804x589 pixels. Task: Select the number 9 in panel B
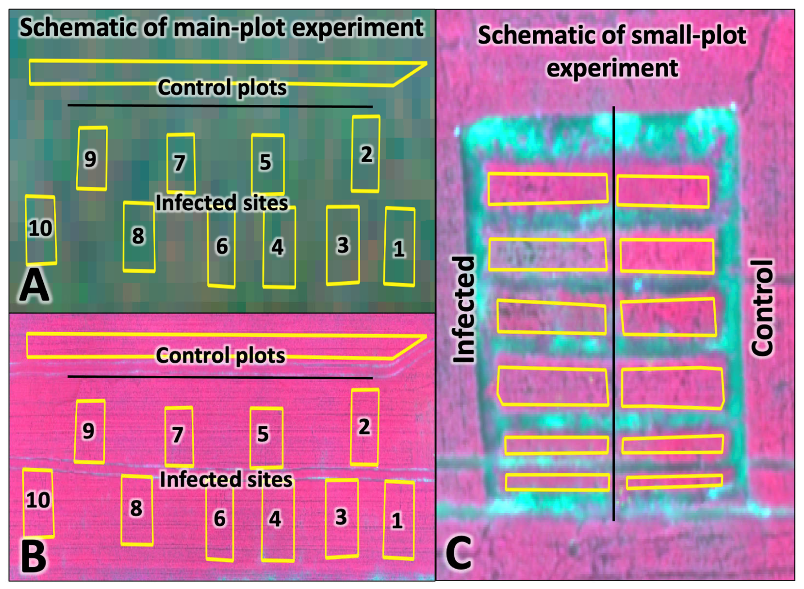[88, 431]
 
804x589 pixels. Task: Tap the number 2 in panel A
[366, 155]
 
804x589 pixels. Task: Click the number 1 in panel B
[397, 521]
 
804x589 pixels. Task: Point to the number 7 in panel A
[179, 163]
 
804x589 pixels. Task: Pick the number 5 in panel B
[263, 434]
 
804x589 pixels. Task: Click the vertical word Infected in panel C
[464, 309]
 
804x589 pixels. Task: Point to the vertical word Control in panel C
[762, 308]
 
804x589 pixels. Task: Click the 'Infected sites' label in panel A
[222, 203]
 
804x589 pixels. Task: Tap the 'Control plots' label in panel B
[220, 355]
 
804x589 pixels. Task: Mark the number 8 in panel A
[138, 236]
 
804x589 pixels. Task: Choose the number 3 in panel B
[341, 517]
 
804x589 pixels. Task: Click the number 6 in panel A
[222, 246]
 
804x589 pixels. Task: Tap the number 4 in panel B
[275, 519]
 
